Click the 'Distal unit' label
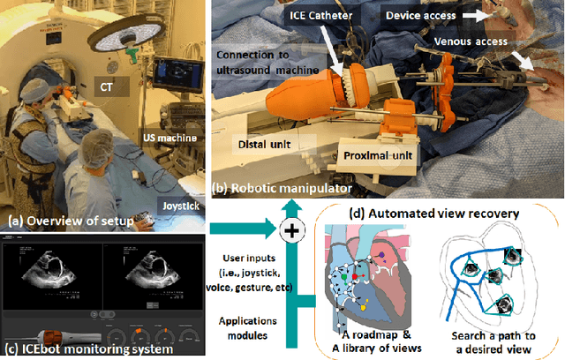(265, 141)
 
